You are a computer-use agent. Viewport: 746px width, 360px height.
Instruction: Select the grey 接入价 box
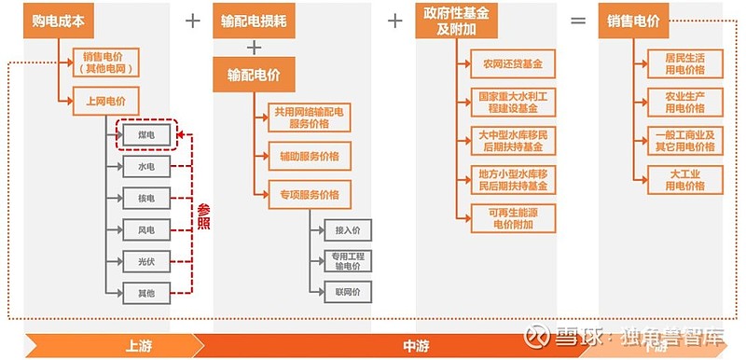pos(348,229)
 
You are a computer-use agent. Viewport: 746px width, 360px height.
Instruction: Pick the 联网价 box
pos(348,292)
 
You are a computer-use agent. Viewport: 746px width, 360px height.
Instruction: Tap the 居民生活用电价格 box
pos(684,63)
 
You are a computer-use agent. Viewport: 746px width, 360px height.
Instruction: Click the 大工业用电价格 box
pos(684,180)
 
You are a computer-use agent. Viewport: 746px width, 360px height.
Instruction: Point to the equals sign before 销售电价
pos(578,20)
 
